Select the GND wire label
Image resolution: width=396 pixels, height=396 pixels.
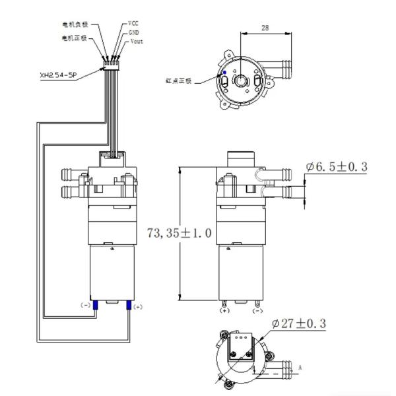134,32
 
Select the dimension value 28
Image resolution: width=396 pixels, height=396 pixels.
265,28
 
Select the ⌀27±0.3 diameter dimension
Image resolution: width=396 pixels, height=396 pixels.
298,323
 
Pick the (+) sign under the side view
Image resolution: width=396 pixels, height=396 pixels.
224,310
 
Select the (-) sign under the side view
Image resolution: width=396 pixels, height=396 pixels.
257,310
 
